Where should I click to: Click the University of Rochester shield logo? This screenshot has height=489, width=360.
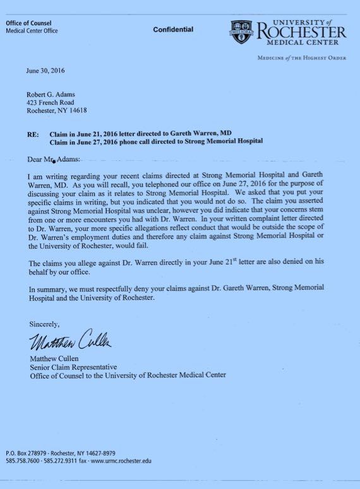point(243,32)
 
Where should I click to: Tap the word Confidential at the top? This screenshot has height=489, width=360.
point(173,30)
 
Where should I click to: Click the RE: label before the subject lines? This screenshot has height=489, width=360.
point(32,134)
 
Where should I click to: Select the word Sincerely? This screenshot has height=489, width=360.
point(44,324)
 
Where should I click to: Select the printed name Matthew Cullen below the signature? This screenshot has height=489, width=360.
point(56,359)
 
